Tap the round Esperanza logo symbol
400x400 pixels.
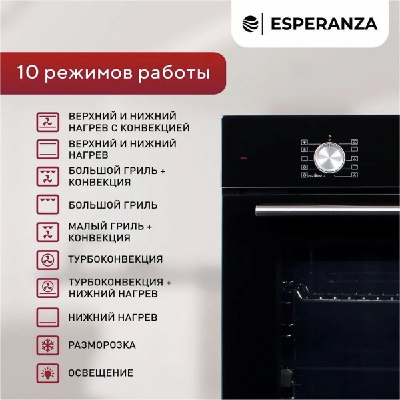250,24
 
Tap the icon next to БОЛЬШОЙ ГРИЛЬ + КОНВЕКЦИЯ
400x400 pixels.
47,176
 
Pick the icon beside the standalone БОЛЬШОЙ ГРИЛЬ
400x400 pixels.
47,205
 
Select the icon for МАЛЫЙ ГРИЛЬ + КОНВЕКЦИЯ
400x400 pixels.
47,232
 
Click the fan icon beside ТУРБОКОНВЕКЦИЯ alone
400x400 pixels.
47,259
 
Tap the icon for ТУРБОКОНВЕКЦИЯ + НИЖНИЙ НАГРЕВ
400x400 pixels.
47,287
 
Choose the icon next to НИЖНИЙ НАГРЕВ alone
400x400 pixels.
47,317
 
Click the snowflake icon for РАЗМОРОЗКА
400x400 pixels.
47,345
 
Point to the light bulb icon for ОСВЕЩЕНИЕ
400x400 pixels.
47,373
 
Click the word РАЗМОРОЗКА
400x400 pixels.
102,345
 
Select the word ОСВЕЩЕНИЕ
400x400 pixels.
101,373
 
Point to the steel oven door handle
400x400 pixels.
327,210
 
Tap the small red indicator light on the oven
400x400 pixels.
244,159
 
